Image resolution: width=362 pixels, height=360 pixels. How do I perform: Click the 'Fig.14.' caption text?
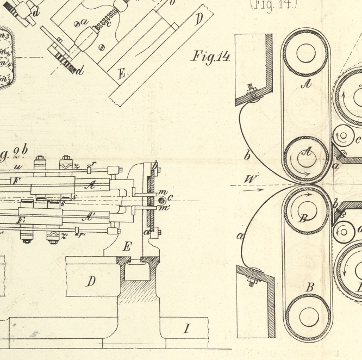pos(211,57)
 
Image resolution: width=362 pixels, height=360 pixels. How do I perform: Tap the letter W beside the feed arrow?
pos(250,179)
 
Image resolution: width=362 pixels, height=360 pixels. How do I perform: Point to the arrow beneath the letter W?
pos(252,190)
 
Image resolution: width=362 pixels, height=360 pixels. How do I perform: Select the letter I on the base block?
pos(187,328)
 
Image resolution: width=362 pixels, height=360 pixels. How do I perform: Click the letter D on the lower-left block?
pos(91,281)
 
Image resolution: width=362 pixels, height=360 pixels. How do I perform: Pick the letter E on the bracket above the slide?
pos(127,246)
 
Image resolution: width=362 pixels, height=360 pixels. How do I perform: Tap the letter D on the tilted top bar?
pos(199,20)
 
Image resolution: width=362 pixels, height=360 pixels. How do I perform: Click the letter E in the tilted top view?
pos(121,75)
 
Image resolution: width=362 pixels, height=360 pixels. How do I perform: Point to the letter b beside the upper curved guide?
pos(247,156)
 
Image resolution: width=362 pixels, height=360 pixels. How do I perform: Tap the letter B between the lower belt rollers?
pos(310,287)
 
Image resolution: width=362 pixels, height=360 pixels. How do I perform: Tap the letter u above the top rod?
pos(18,167)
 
